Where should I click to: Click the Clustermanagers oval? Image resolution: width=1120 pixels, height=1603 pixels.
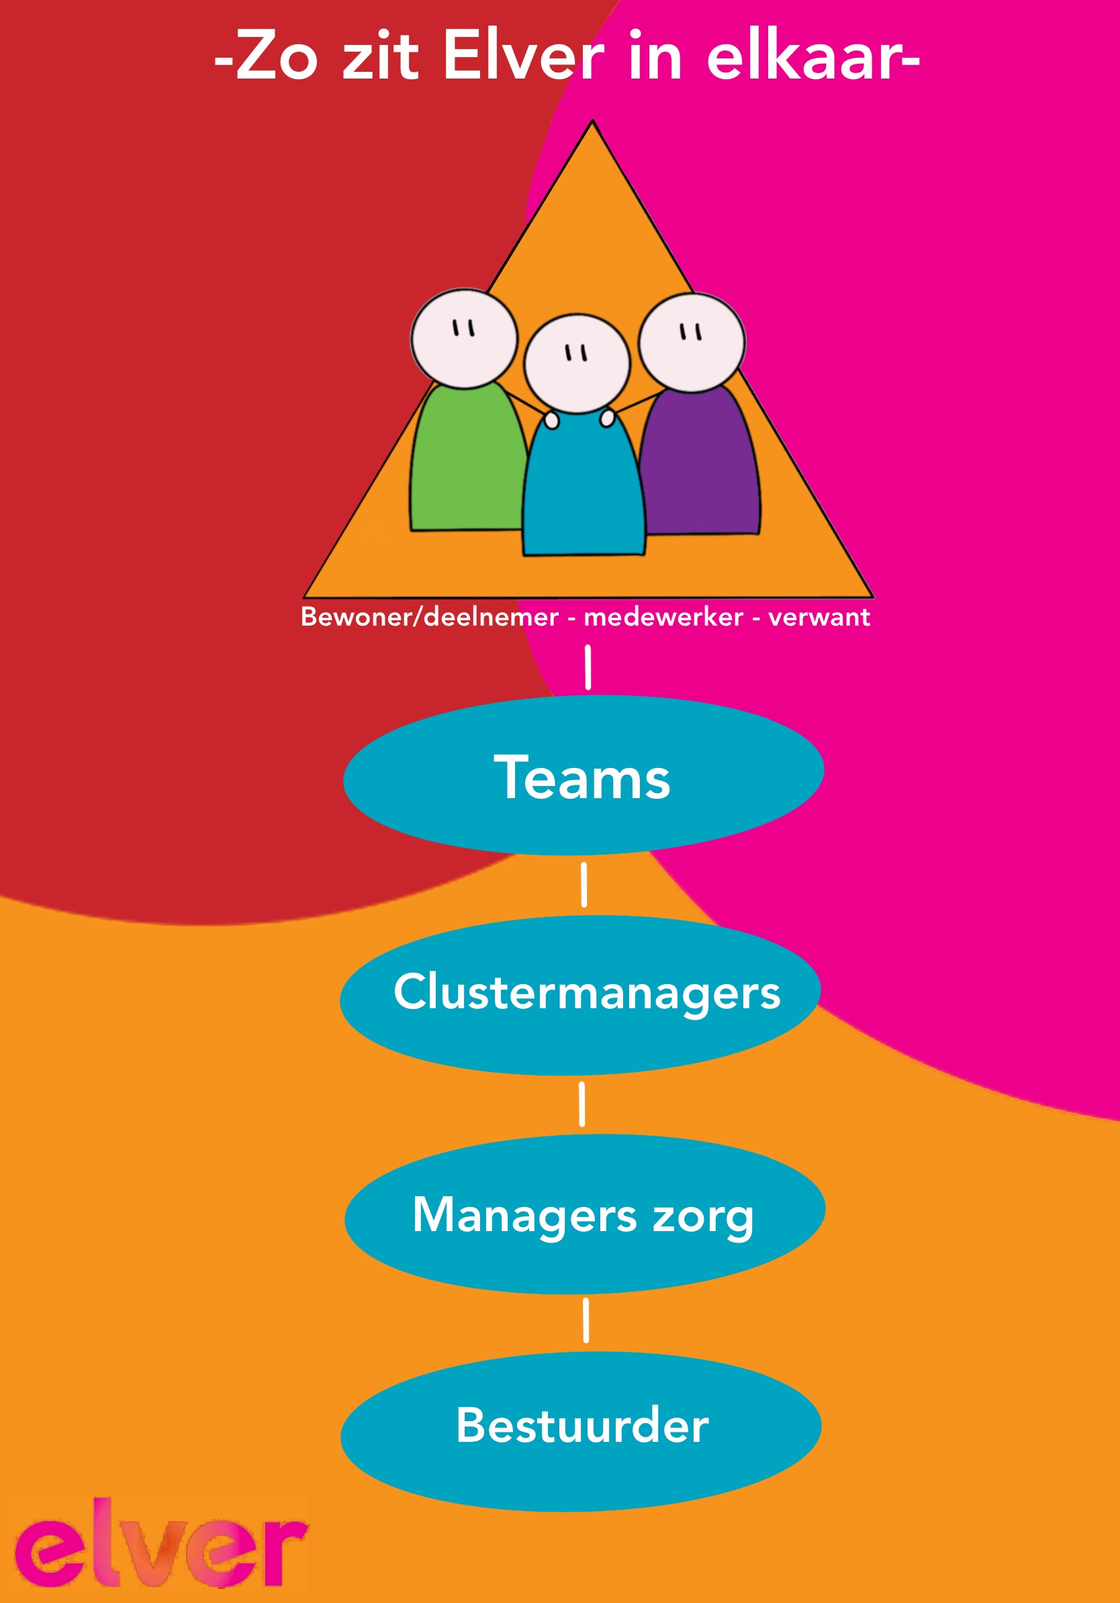[x=580, y=994]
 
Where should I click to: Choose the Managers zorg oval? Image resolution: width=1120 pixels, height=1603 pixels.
[x=584, y=1215]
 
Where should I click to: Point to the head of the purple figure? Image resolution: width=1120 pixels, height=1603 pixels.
[x=692, y=342]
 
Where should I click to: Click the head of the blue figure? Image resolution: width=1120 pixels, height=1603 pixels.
[x=577, y=364]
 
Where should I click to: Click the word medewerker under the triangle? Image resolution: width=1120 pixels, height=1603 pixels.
[x=663, y=617]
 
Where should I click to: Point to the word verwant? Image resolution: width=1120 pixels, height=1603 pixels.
[x=819, y=617]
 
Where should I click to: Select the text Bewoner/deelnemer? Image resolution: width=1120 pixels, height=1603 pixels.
[x=430, y=617]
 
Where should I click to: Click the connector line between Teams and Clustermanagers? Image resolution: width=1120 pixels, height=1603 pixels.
[x=584, y=885]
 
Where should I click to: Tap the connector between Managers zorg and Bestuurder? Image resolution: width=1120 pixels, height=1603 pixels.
[x=585, y=1321]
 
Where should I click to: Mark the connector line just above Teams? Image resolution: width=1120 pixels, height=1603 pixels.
[x=588, y=667]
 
